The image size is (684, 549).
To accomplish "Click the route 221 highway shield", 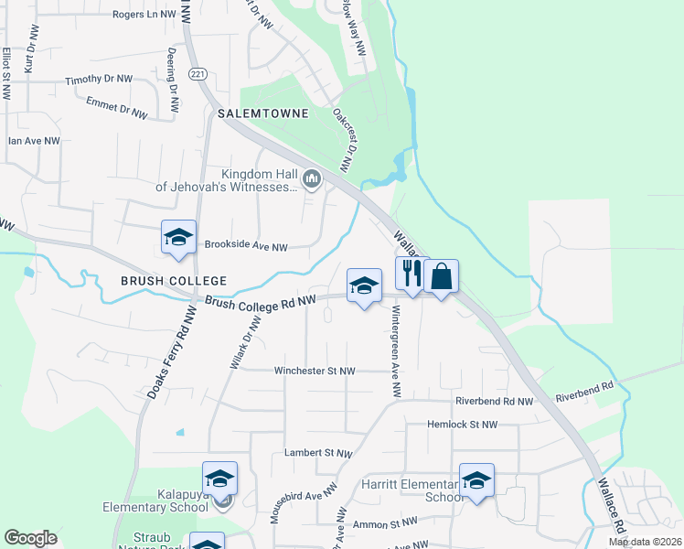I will [x=197, y=73].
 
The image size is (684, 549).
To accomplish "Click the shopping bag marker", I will [x=441, y=275].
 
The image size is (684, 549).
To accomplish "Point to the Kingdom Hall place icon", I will [x=313, y=179].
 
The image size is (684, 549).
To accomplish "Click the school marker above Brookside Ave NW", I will [x=178, y=238].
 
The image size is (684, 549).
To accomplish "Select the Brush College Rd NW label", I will [x=261, y=301].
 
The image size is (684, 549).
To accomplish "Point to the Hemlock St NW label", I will [x=463, y=425].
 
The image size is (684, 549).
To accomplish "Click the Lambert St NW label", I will [x=317, y=453].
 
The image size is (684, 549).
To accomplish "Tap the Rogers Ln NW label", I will [x=144, y=15].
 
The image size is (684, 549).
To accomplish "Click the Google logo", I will [x=30, y=538].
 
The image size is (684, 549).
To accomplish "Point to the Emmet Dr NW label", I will [x=116, y=108].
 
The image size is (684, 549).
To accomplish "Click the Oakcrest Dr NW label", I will [x=344, y=140].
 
